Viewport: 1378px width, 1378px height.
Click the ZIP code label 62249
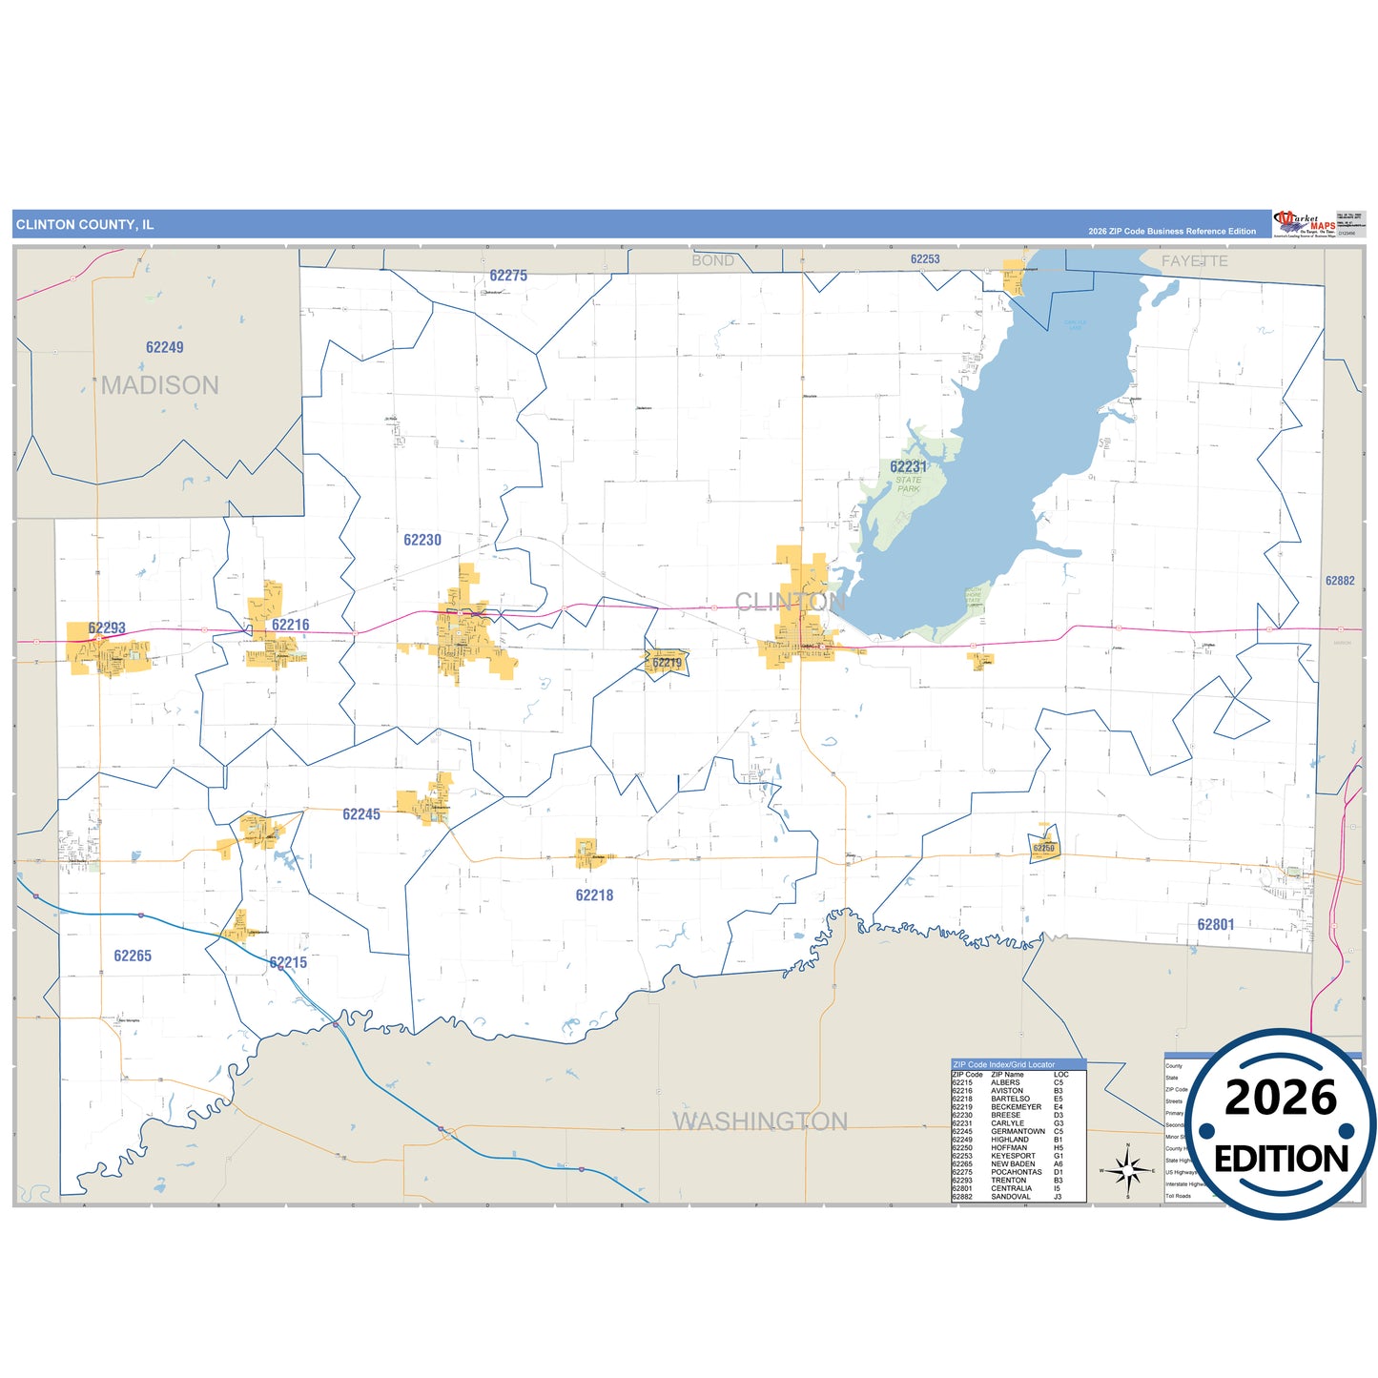(164, 347)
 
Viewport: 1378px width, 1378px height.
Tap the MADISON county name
(160, 385)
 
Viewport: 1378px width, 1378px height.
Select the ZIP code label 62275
(508, 276)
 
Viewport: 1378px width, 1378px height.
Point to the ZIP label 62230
(422, 540)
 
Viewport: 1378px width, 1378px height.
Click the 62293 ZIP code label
(107, 627)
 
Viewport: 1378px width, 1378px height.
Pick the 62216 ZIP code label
(290, 626)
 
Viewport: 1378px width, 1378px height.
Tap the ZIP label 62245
(361, 814)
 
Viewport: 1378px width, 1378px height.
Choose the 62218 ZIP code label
(594, 895)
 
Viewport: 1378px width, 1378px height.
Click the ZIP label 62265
(133, 956)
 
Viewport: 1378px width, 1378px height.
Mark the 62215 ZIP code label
(288, 962)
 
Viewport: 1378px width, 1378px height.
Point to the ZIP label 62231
(908, 466)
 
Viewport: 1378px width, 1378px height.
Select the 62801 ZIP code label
(1216, 924)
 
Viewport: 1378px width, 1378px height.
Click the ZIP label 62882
(1340, 581)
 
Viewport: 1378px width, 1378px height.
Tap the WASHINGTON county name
(760, 1121)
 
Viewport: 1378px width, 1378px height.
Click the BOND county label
(712, 260)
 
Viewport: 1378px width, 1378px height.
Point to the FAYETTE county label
(1194, 260)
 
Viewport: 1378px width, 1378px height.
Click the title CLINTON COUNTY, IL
(85, 225)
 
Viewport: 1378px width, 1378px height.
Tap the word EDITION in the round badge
(1281, 1159)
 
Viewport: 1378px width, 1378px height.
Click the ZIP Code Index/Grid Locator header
(1004, 1064)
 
